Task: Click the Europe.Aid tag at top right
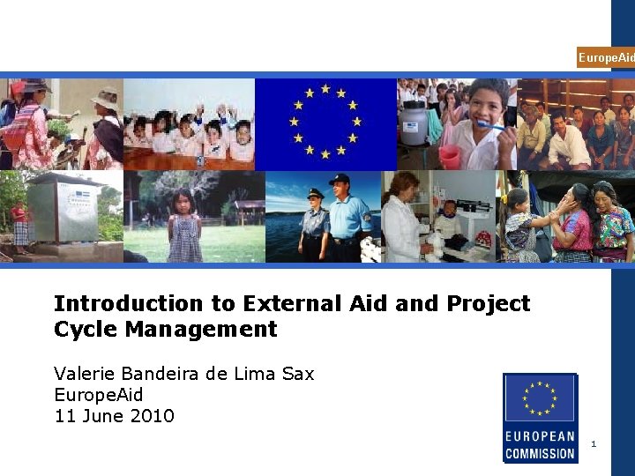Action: pyautogui.click(x=605, y=57)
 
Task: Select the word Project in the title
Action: pyautogui.click(x=487, y=304)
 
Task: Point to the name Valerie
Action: pyautogui.click(x=85, y=374)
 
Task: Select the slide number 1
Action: pyautogui.click(x=594, y=443)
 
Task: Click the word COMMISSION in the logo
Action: pyautogui.click(x=540, y=454)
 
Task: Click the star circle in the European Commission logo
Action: pyautogui.click(x=539, y=398)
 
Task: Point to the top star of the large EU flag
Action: pyautogui.click(x=325, y=89)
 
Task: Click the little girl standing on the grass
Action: pyautogui.click(x=184, y=227)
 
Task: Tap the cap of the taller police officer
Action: pyautogui.click(x=340, y=180)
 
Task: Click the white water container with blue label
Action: pyautogui.click(x=414, y=123)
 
